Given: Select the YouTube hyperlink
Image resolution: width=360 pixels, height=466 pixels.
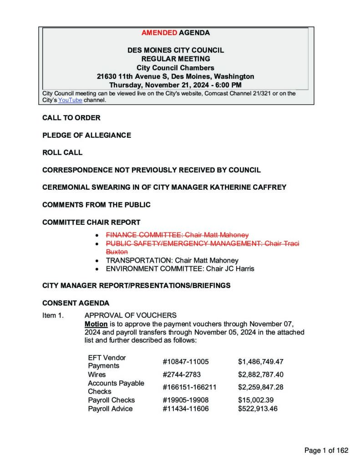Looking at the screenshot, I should pyautogui.click(x=70, y=100).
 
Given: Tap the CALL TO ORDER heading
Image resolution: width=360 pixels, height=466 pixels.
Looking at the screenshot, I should pyautogui.click(x=71, y=118).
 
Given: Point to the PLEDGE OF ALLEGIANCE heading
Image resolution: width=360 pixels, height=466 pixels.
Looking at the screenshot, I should pyautogui.click(x=86, y=135).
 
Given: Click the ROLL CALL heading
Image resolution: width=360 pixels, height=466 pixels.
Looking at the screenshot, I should pyautogui.click(x=62, y=152).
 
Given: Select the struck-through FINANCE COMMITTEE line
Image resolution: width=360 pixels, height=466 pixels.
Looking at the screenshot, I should pyautogui.click(x=177, y=235).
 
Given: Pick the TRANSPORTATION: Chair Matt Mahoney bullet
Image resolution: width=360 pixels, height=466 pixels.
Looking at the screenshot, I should pyautogui.click(x=172, y=260).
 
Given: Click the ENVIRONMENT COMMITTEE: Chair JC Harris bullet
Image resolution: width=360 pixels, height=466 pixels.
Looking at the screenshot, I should pyautogui.click(x=180, y=268).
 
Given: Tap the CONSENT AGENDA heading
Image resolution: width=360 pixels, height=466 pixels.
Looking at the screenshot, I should pyautogui.click(x=76, y=303).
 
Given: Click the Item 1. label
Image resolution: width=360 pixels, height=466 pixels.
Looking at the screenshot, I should pyautogui.click(x=53, y=315).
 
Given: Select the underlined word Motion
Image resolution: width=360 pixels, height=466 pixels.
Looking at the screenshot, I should pyautogui.click(x=96, y=324).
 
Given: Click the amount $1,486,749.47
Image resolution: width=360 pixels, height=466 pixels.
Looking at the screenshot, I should pyautogui.click(x=261, y=362).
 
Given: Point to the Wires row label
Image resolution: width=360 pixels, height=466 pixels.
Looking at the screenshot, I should pyautogui.click(x=96, y=375).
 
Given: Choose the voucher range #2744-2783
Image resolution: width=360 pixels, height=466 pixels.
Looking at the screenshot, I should pyautogui.click(x=182, y=375).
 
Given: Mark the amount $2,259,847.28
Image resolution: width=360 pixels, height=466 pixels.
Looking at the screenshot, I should pyautogui.click(x=261, y=387).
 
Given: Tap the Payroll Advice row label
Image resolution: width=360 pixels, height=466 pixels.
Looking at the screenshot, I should pyautogui.click(x=110, y=409).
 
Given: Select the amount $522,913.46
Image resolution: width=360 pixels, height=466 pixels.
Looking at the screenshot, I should pyautogui.click(x=258, y=409).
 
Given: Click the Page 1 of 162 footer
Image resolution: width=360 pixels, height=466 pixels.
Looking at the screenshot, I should pyautogui.click(x=326, y=451).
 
